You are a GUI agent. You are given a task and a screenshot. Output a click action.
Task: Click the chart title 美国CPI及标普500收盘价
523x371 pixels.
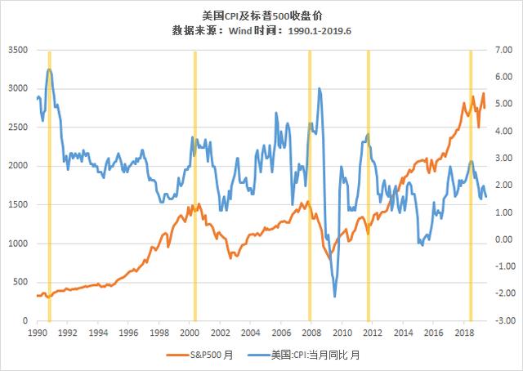tap(261, 15)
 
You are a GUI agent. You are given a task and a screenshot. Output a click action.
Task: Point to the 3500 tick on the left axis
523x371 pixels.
tap(18, 51)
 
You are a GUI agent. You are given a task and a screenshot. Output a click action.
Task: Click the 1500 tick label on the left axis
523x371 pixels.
tap(18, 205)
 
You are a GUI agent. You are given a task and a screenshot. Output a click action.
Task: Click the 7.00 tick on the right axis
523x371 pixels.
tap(504, 51)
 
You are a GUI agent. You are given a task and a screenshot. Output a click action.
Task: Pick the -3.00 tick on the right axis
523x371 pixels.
tap(503, 321)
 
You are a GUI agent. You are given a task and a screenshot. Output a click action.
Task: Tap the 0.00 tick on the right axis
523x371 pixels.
tap(504, 240)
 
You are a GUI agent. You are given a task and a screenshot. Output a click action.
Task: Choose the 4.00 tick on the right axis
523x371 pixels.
tap(504, 132)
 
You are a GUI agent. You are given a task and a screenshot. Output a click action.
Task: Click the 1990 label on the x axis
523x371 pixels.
tap(37, 333)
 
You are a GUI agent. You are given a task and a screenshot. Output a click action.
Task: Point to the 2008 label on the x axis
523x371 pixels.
tap(312, 333)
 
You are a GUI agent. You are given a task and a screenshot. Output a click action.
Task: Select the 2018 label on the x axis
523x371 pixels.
tap(465, 333)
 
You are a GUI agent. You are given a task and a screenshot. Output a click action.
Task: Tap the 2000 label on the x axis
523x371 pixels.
tap(190, 333)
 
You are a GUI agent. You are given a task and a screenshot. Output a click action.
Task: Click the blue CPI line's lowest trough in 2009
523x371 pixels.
tap(334, 296)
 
